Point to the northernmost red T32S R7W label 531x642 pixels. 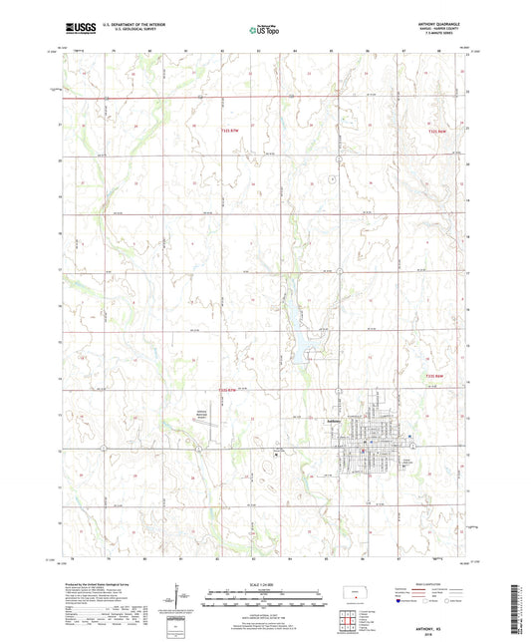click(230, 129)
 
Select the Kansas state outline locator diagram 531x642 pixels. click(354, 595)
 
